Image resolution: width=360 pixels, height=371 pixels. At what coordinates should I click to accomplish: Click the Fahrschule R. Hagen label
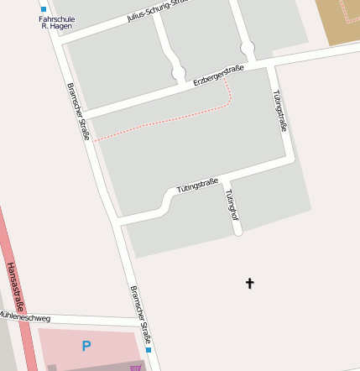tap(57, 23)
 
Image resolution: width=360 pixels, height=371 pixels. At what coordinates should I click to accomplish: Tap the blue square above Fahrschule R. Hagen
tap(44, 9)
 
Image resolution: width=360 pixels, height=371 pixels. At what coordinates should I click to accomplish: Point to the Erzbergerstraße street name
tap(218, 76)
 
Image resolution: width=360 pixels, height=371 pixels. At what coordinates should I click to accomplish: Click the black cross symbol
tap(249, 283)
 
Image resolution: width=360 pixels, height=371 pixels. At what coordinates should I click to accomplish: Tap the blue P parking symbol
tap(86, 345)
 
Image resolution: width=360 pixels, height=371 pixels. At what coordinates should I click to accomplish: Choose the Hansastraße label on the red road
tap(15, 286)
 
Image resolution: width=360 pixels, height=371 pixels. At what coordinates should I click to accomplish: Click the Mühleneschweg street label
tap(25, 317)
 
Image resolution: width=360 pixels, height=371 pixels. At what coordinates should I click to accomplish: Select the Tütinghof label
tap(232, 206)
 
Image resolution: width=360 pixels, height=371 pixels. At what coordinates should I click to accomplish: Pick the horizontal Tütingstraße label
tap(198, 184)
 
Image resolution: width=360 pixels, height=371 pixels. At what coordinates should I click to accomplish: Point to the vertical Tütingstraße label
tap(280, 111)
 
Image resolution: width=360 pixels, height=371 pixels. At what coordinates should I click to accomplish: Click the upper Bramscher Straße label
tap(77, 110)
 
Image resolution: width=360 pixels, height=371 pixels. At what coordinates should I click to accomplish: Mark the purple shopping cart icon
tap(134, 367)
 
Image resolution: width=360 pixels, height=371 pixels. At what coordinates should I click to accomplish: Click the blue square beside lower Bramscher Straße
tap(149, 349)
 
